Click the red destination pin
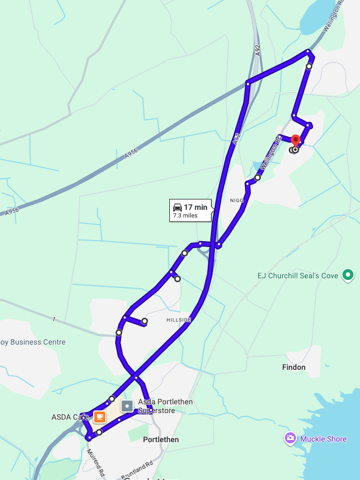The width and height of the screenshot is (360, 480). pyautogui.click(x=295, y=140)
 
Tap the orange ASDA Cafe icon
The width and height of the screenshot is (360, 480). pyautogui.click(x=99, y=417)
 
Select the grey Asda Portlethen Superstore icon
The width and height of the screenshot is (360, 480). pyautogui.click(x=127, y=407)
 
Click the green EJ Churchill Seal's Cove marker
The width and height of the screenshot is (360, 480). pyautogui.click(x=347, y=275)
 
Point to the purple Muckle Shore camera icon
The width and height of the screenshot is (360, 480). pyautogui.click(x=290, y=438)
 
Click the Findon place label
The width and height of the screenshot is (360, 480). pyautogui.click(x=294, y=367)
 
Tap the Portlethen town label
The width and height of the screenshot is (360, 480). pyautogui.click(x=161, y=439)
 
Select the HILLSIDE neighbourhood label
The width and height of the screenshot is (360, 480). pyautogui.click(x=179, y=320)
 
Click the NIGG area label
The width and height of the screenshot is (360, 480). pyautogui.click(x=237, y=201)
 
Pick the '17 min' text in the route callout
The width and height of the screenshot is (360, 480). pyautogui.click(x=196, y=207)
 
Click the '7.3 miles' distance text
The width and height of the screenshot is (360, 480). pyautogui.click(x=185, y=216)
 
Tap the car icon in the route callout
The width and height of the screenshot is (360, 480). pyautogui.click(x=177, y=207)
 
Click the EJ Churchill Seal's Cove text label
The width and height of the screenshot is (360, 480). pyautogui.click(x=298, y=276)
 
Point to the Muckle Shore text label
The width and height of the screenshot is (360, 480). pyautogui.click(x=323, y=439)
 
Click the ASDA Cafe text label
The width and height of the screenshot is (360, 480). pyautogui.click(x=71, y=417)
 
